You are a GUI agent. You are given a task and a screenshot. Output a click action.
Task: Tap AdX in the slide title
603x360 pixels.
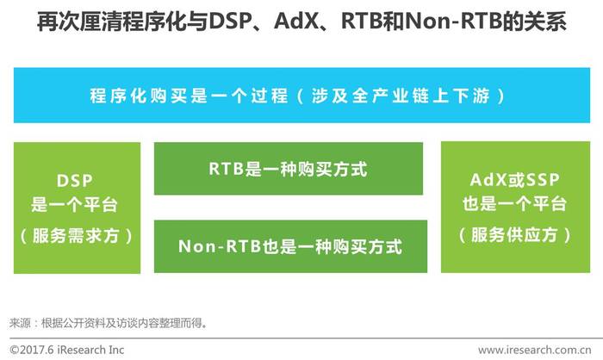click(296, 22)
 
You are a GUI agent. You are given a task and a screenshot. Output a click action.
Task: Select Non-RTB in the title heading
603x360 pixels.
click(454, 22)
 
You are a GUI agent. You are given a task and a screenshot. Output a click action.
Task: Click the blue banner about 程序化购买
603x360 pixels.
click(301, 96)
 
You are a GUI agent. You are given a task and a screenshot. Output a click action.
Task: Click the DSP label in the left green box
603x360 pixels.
click(75, 181)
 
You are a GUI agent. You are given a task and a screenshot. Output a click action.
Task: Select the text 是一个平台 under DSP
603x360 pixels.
click(74, 204)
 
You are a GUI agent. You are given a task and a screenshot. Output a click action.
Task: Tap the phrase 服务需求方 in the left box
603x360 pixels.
click(76, 235)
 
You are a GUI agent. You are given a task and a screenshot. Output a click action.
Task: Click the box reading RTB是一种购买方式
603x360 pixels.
click(289, 169)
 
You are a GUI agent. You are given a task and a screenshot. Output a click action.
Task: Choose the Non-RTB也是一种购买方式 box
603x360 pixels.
click(291, 246)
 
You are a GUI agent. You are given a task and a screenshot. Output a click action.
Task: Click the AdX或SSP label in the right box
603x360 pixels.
click(515, 180)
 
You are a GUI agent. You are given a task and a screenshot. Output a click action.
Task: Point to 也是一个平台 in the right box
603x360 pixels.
click(514, 203)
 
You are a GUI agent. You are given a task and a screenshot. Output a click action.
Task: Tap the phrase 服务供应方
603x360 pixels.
click(514, 234)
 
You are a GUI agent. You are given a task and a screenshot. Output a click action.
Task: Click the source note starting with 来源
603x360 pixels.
click(109, 323)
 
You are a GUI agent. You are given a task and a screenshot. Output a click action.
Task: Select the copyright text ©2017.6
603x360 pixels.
click(32, 350)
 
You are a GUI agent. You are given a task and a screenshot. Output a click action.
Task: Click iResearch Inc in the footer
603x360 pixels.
click(90, 350)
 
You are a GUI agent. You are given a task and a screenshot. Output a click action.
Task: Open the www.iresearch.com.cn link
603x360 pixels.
click(535, 350)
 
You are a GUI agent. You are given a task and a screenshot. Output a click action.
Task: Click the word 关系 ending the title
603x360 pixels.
click(545, 22)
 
